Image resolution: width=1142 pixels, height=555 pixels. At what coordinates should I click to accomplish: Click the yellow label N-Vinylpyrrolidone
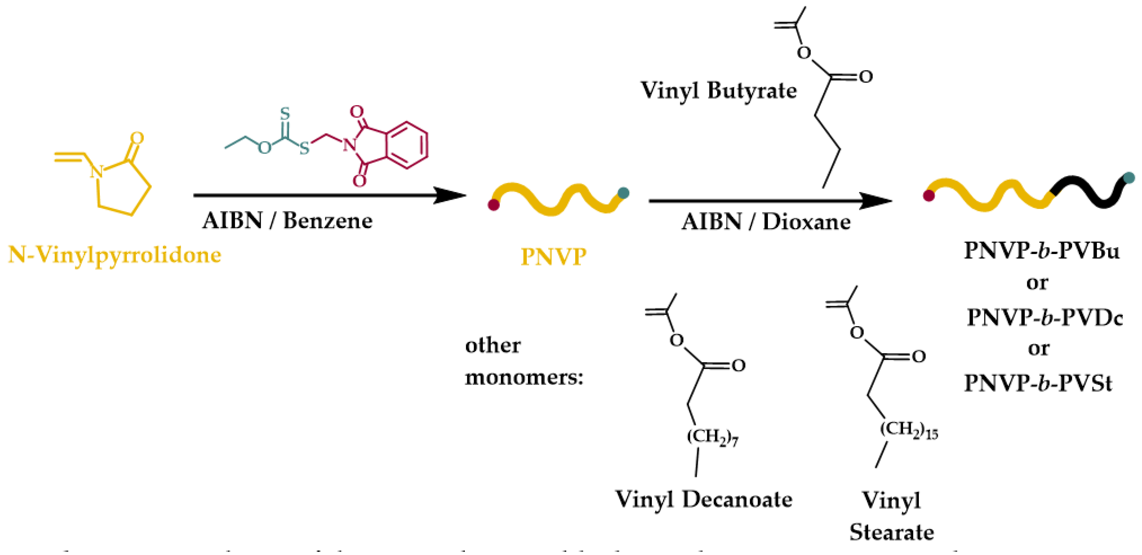[x=115, y=255]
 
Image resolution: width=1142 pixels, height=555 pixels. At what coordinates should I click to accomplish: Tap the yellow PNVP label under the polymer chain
[x=553, y=257]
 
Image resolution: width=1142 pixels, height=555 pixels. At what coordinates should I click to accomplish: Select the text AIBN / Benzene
[x=287, y=221]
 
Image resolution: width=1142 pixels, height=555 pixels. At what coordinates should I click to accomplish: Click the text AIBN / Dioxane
[x=766, y=222]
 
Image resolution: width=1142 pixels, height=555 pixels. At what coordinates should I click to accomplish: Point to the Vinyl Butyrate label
[x=718, y=90]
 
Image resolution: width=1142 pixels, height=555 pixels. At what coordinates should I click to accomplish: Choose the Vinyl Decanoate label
[x=703, y=500]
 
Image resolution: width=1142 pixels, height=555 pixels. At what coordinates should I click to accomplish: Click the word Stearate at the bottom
[x=892, y=532]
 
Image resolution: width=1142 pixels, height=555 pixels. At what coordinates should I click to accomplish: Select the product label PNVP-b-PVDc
[x=1045, y=317]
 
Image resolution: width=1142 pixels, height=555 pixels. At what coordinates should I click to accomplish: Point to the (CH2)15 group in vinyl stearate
[x=909, y=430]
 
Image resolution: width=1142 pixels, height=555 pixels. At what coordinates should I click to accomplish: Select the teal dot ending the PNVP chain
[x=623, y=193]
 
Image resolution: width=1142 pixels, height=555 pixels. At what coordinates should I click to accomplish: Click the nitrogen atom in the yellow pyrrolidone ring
[x=97, y=171]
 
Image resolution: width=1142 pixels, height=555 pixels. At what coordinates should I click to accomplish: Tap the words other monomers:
[x=523, y=361]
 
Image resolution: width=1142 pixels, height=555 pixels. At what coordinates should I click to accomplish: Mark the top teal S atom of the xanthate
[x=285, y=114]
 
